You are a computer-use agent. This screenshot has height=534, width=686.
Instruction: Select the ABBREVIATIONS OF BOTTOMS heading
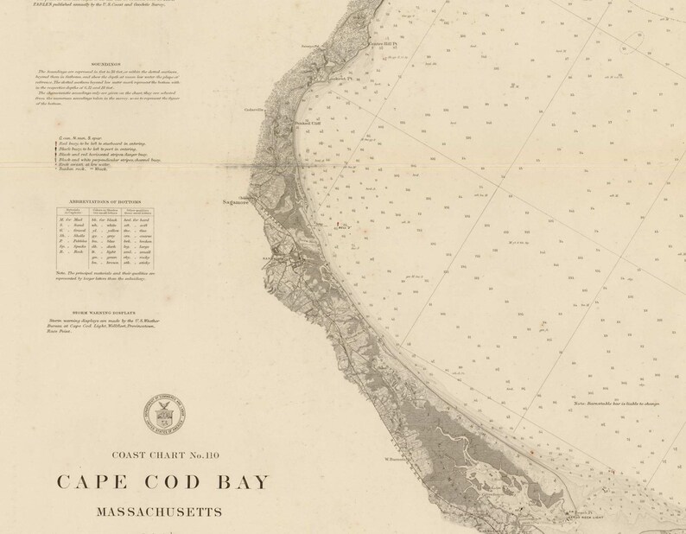point(103,200)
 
